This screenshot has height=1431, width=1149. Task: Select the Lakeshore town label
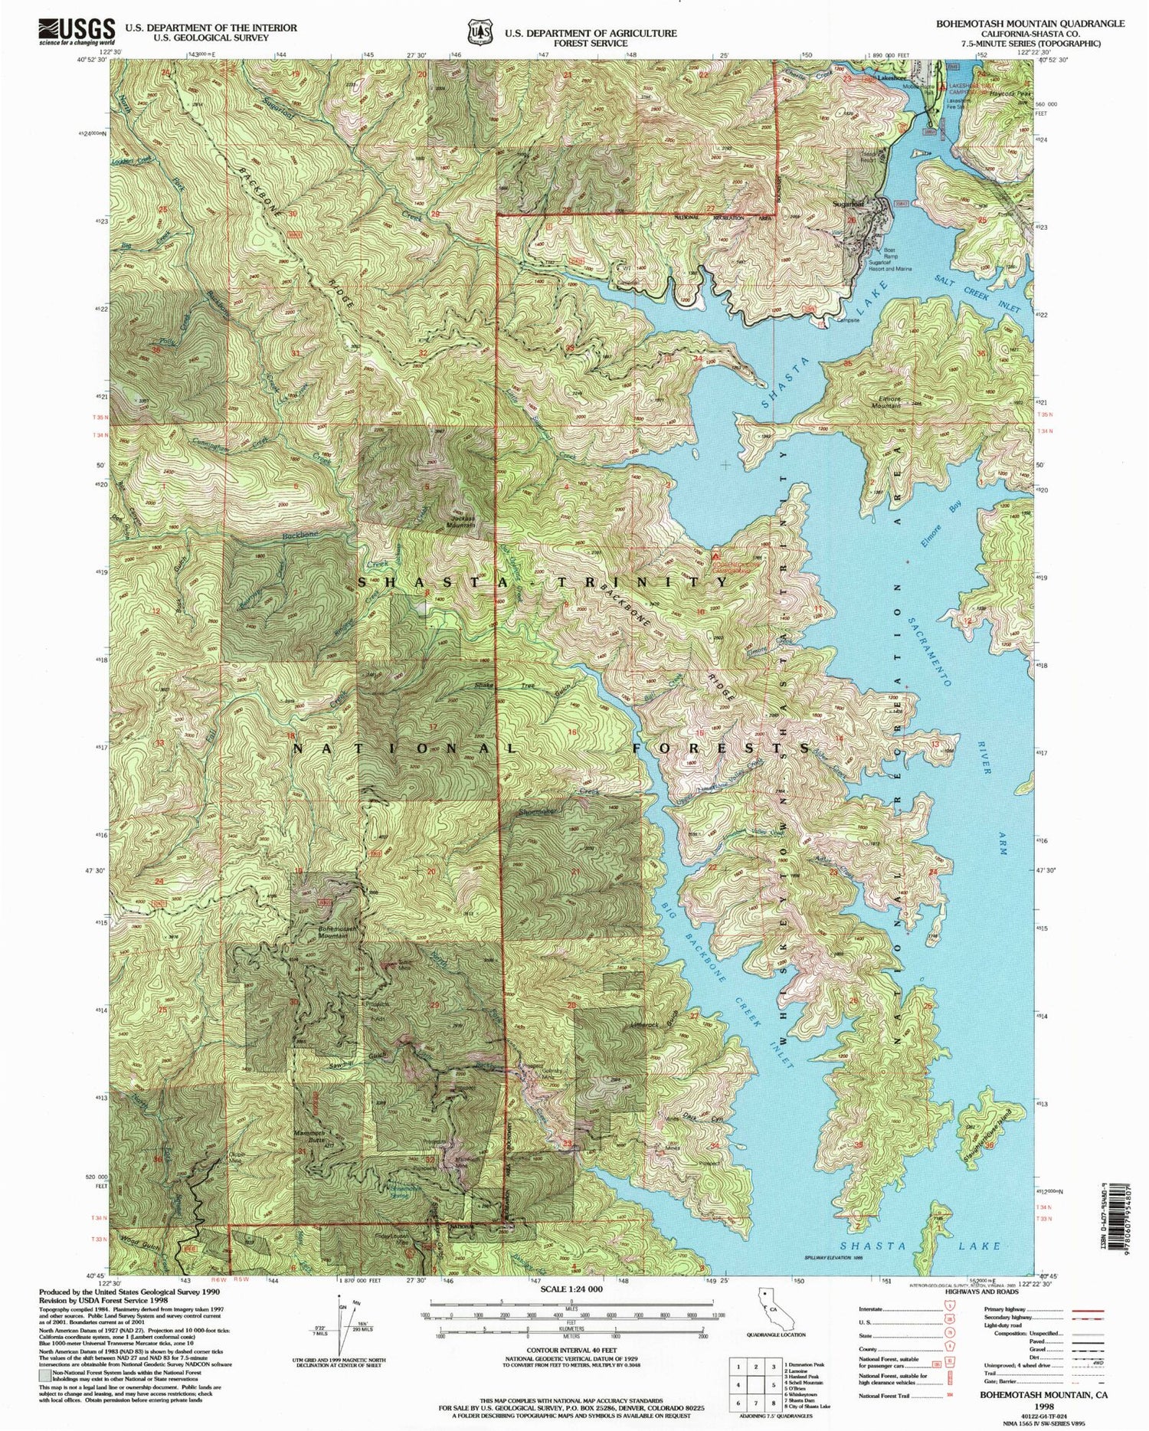888,78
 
